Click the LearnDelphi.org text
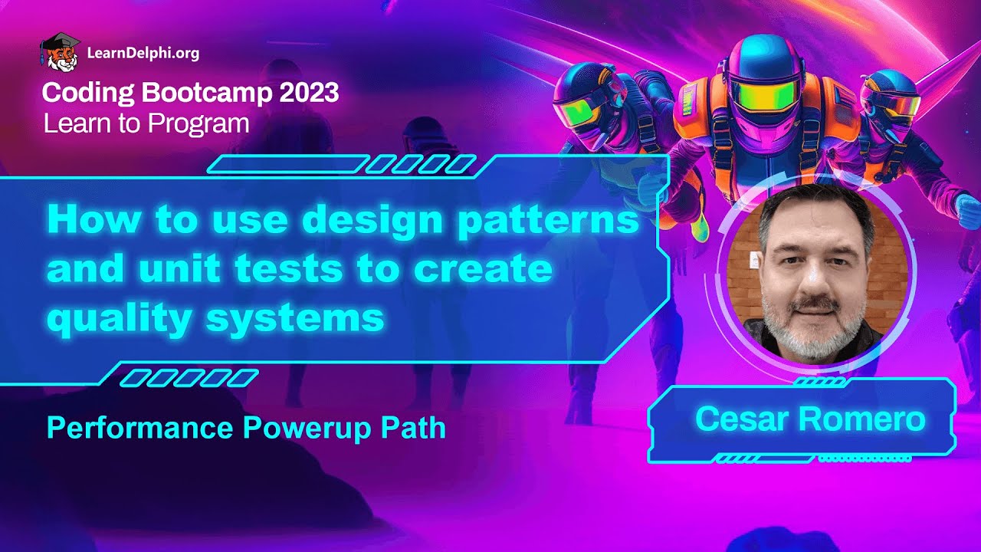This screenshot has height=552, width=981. pyautogui.click(x=143, y=54)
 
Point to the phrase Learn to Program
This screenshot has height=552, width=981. pyautogui.click(x=146, y=123)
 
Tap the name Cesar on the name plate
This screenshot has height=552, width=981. pyautogui.click(x=742, y=419)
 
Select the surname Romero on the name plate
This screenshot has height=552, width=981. pyautogui.click(x=861, y=419)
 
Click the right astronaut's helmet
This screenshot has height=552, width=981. pyautogui.click(x=889, y=96)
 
